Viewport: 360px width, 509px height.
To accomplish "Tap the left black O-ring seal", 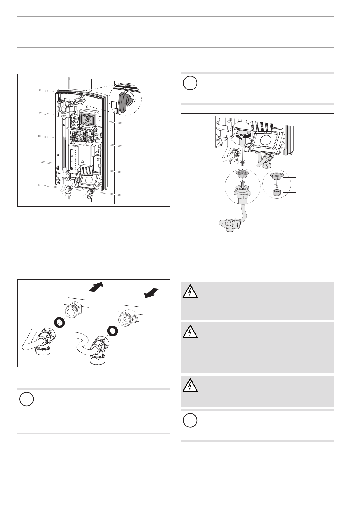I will (x=59, y=323).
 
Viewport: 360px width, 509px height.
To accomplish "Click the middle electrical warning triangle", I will (x=190, y=332).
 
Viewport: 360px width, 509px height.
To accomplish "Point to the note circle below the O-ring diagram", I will (x=27, y=399).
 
